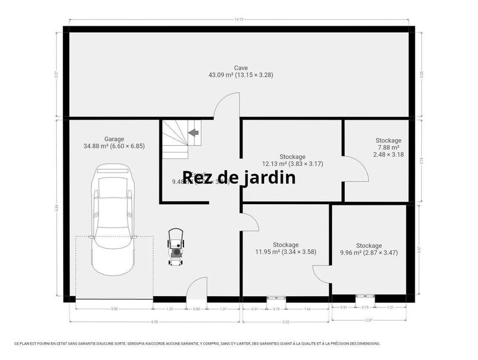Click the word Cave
coord(241,68)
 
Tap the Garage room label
coord(114,139)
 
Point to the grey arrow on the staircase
coord(194,133)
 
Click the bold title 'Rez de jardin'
coord(239,177)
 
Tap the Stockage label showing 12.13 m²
coord(293,157)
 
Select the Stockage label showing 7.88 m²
coord(388,141)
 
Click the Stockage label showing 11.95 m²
coord(286,245)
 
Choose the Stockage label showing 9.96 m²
coord(369,245)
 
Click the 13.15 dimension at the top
coord(239,19)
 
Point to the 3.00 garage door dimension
coord(114,309)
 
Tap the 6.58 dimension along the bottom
coord(155,322)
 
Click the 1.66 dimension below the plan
coord(307,309)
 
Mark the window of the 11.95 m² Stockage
coord(276,297)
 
